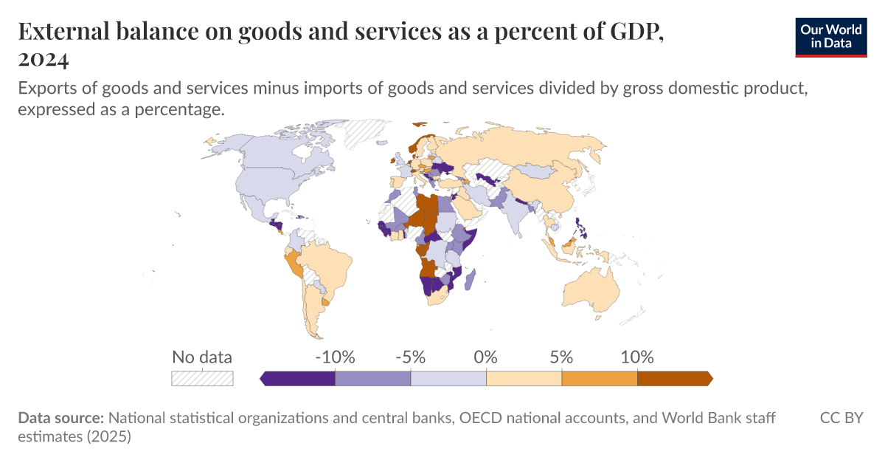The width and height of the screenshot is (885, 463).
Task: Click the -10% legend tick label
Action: pos(335,357)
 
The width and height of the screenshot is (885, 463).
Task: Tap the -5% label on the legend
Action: pos(410,357)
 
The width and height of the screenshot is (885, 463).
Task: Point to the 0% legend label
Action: pos(486,357)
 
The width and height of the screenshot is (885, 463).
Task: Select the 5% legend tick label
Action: pos(561,357)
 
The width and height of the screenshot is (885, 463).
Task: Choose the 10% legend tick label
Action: pos(637,357)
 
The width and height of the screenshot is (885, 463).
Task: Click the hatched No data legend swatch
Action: pos(202,378)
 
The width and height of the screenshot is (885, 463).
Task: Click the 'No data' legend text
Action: pos(202,357)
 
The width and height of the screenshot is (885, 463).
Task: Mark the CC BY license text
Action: pos(841,418)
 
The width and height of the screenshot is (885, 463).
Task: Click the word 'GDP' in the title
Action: pos(632,33)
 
